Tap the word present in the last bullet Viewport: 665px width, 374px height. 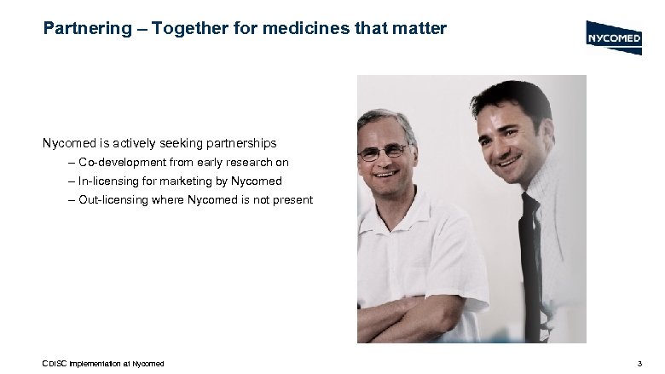[x=292, y=200]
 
